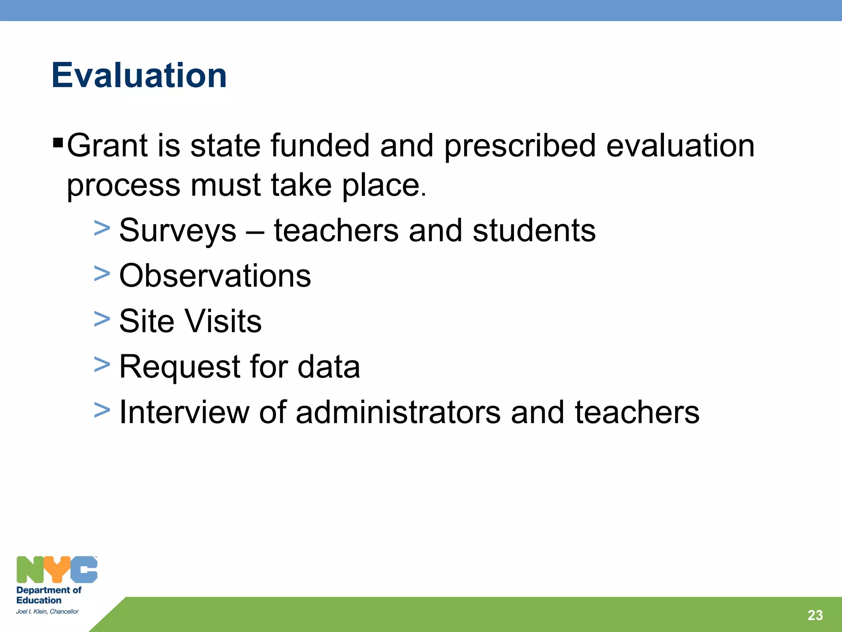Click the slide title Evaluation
(x=139, y=75)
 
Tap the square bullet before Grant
(x=58, y=144)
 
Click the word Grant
(x=107, y=146)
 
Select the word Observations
(x=215, y=276)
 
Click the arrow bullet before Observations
(x=102, y=273)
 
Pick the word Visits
(x=222, y=321)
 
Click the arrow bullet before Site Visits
(x=102, y=319)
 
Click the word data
(x=328, y=367)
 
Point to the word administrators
(x=398, y=412)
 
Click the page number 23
(x=815, y=615)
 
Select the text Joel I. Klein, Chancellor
(x=47, y=611)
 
